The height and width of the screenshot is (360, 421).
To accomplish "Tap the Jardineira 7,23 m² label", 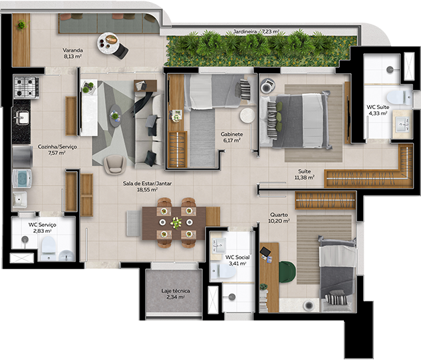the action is click(x=256, y=32).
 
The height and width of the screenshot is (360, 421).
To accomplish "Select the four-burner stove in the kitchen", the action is click(x=26, y=87).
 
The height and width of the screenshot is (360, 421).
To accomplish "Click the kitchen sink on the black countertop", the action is click(x=22, y=118).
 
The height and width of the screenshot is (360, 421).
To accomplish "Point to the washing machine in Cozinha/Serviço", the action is click(x=22, y=178).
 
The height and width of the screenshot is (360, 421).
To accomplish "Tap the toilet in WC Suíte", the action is click(x=399, y=98).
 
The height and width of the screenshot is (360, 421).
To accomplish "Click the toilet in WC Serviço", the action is click(x=49, y=248).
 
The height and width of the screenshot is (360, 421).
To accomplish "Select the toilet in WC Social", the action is click(x=223, y=271).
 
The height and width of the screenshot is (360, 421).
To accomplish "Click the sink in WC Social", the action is click(x=218, y=245).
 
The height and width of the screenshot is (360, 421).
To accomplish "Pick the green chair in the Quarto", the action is click(x=287, y=272).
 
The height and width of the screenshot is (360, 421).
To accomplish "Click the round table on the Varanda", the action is click(x=108, y=43).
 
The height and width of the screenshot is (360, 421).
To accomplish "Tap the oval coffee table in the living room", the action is click(x=116, y=116).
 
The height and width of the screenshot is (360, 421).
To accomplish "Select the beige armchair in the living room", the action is click(x=115, y=164).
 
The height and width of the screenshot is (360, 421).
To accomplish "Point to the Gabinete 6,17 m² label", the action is click(x=231, y=137).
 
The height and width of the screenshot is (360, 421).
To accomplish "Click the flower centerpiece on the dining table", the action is click(x=176, y=223).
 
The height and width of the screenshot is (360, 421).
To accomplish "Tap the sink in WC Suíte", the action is click(x=402, y=124).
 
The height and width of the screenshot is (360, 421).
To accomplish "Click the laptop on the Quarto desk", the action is click(x=265, y=252).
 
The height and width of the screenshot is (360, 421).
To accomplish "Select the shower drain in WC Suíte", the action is click(x=390, y=70).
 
